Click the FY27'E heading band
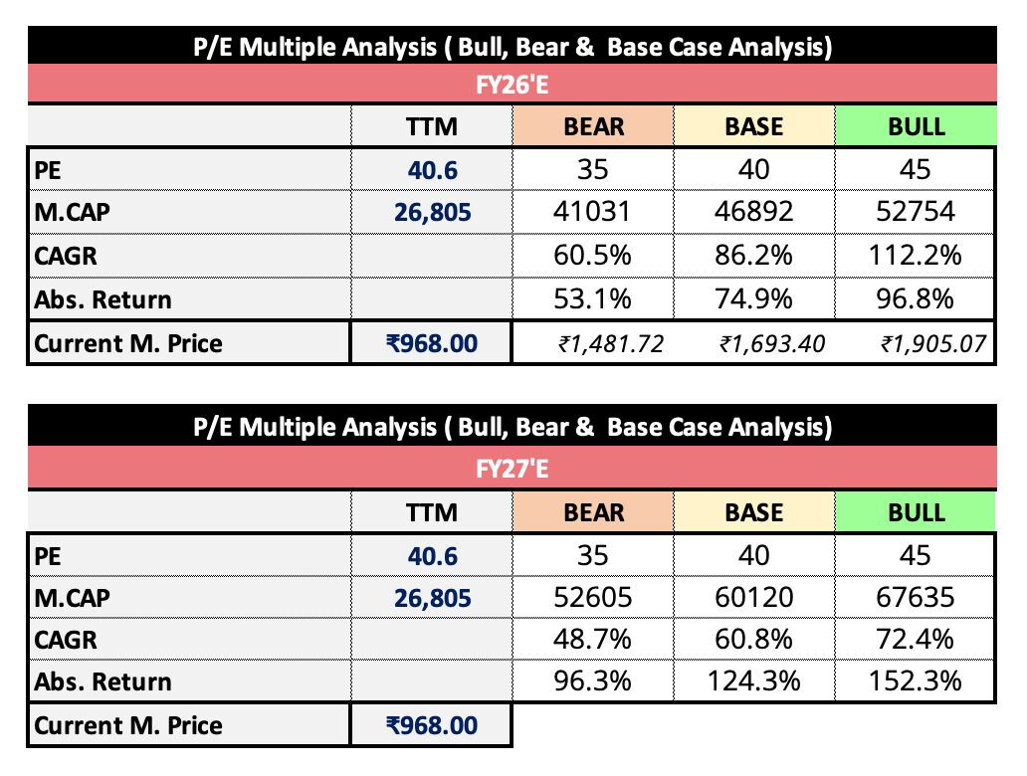[512, 469]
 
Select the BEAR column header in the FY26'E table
[593, 127]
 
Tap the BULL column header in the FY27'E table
[916, 512]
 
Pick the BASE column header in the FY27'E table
[753, 512]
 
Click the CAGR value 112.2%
[916, 256]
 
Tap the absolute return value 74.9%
[753, 299]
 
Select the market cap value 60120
[753, 598]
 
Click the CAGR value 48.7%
[593, 639]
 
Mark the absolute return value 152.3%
[916, 681]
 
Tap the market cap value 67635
[916, 598]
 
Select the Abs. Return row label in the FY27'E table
[103, 682]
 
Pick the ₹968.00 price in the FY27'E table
[432, 725]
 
